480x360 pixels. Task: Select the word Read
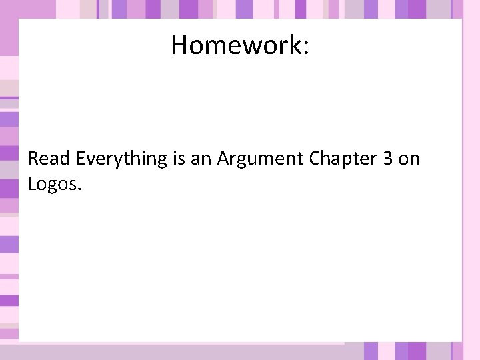50,159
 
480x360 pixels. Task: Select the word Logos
52,184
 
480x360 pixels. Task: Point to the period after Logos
79,189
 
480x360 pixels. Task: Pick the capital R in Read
34,159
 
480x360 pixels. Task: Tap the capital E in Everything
81,159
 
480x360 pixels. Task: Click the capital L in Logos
32,183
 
